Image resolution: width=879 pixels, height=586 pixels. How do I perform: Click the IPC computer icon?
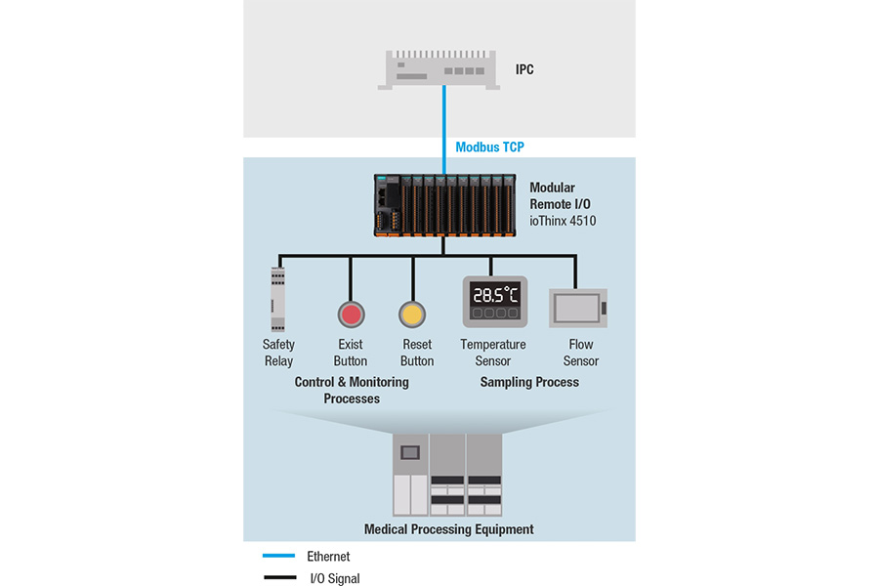(439, 69)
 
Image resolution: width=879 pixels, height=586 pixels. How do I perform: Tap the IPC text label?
(524, 69)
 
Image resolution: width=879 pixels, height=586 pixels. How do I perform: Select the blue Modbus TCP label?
(489, 146)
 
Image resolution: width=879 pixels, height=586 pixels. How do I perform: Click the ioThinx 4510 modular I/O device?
(445, 205)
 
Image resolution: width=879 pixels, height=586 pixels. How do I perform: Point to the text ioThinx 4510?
(563, 221)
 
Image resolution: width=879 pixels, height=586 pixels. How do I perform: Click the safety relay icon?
(277, 300)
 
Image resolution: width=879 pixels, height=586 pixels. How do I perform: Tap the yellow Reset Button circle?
(412, 314)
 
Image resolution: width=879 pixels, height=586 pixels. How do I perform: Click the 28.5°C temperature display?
(495, 295)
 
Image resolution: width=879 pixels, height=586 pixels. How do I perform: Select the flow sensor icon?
(578, 308)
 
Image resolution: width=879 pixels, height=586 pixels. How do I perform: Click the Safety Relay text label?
(278, 353)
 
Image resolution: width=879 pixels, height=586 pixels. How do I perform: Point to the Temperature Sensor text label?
(493, 353)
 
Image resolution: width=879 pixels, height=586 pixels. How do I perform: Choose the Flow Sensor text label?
(581, 353)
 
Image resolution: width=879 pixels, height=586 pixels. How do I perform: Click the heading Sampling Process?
(529, 382)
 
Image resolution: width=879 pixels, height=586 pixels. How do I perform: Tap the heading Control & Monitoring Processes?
(352, 391)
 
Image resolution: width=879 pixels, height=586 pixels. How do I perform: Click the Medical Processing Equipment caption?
(449, 529)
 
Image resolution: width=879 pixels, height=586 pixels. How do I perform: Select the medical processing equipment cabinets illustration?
(447, 475)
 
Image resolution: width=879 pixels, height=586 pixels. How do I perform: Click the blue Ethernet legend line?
(278, 556)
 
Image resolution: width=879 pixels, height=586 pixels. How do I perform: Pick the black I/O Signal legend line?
(279, 577)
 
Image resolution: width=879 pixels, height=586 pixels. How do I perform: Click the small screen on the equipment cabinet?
(410, 452)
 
